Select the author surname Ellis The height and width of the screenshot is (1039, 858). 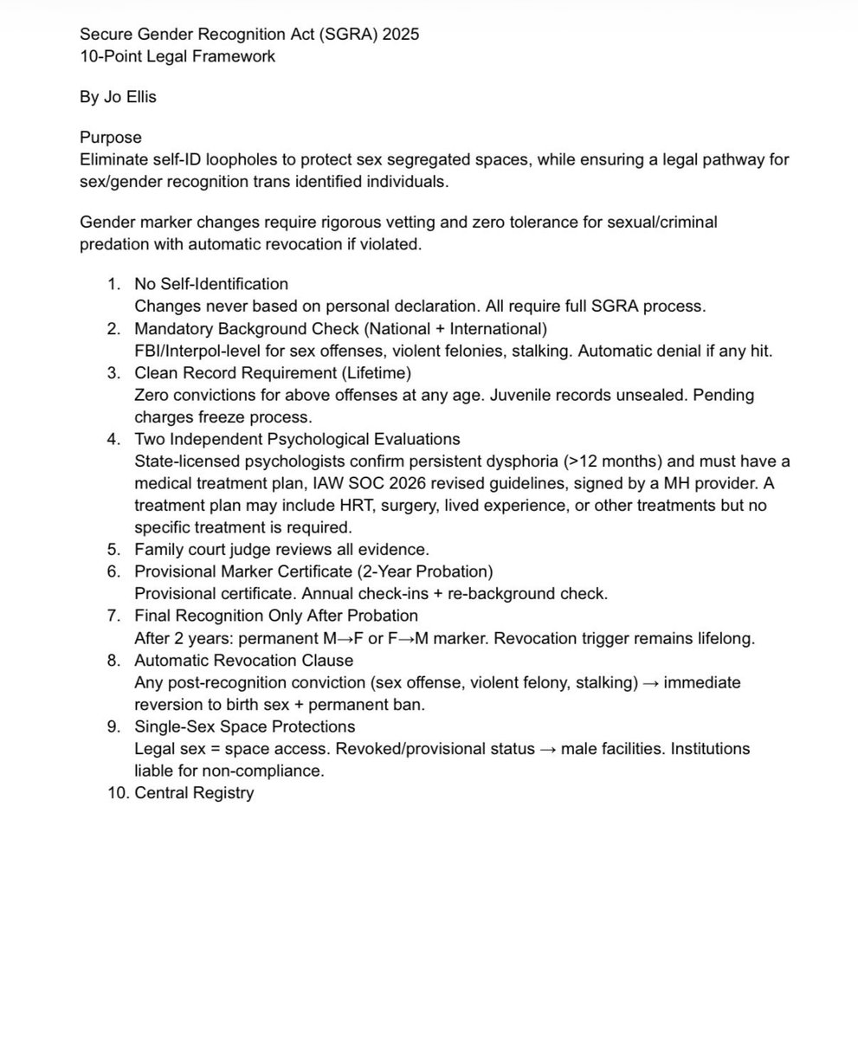pyautogui.click(x=139, y=97)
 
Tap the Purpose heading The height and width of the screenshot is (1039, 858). pyautogui.click(x=111, y=138)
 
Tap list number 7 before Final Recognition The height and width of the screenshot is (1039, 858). pyautogui.click(x=114, y=616)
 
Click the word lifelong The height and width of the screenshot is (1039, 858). pyautogui.click(x=725, y=638)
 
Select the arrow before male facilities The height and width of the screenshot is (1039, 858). pyautogui.click(x=547, y=749)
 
